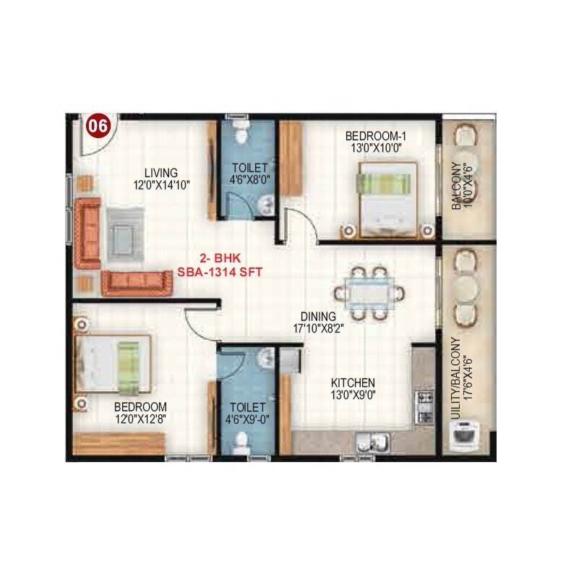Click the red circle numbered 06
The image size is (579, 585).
coord(98,127)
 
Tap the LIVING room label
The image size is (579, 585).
coord(160,173)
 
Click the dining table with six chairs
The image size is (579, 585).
coord(369,294)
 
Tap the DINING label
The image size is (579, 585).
coord(318,317)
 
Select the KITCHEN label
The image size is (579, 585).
coord(352,383)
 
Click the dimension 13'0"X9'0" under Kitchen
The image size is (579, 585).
coord(352,395)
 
